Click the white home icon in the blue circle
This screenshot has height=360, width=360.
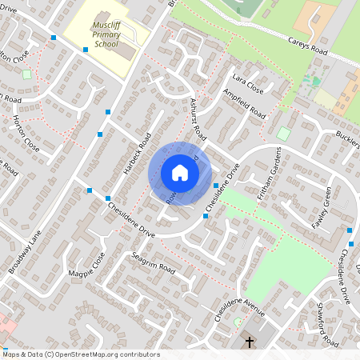coord(180,173)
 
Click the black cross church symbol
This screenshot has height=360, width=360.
coord(250,342)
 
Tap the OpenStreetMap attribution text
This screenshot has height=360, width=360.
coord(80,354)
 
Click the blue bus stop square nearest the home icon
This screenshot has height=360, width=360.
coord(216,186)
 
